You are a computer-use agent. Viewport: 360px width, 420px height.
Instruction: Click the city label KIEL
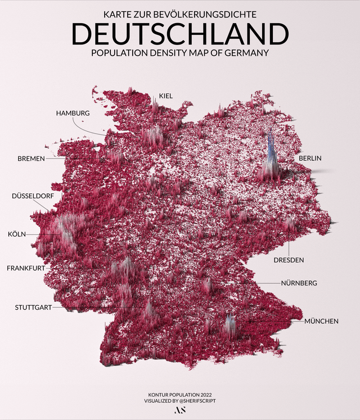[165, 96]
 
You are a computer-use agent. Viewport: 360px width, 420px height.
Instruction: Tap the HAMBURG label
[73, 113]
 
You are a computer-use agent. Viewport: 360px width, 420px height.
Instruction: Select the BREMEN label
[31, 159]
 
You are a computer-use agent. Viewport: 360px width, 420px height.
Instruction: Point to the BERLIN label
[310, 159]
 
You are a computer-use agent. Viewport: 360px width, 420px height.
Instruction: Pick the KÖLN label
[16, 234]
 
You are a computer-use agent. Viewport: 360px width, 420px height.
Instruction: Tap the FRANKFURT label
[26, 269]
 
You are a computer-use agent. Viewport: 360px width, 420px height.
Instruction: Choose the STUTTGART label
[33, 307]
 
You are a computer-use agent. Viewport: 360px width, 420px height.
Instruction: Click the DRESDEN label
[289, 260]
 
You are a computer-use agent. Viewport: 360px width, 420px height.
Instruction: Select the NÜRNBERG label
[299, 283]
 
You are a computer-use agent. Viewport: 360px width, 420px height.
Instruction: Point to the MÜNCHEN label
[321, 321]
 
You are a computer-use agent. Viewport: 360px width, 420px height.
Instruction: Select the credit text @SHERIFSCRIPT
[197, 400]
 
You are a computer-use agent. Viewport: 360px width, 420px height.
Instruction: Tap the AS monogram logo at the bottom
[180, 410]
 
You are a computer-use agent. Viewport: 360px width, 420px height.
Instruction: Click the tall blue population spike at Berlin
[271, 152]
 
